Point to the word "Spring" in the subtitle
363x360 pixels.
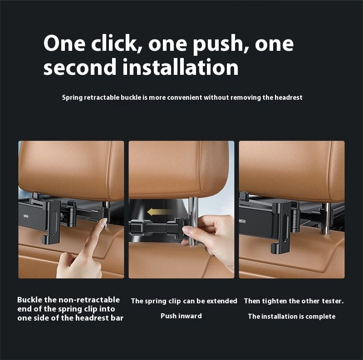[x=72, y=97]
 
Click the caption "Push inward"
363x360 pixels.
[x=181, y=316]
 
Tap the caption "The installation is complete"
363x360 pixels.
[x=291, y=316]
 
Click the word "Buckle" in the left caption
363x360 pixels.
[x=31, y=300]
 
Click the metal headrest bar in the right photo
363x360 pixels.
[x=325, y=218]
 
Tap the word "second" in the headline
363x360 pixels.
[x=80, y=67]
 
